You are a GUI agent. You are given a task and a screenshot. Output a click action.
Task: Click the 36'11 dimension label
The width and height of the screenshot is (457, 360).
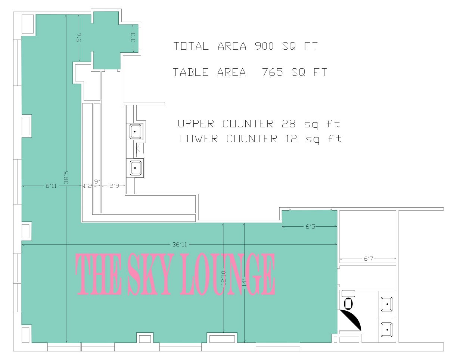point(180,245)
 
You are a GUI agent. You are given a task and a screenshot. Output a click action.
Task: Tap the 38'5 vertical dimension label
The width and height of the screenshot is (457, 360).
point(66,177)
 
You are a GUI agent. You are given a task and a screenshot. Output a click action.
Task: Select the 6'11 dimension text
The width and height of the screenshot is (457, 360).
point(51,186)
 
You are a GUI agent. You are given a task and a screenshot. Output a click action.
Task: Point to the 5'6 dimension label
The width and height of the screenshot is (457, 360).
point(79,37)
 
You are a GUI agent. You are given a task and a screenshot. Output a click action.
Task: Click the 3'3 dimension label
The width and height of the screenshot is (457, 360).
point(133,37)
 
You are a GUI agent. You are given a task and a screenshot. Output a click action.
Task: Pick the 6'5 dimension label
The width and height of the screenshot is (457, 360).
point(310,227)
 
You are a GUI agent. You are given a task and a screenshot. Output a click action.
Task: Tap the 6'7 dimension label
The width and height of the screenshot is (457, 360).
point(369,258)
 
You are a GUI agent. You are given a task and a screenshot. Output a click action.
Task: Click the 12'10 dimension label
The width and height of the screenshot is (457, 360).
point(223,278)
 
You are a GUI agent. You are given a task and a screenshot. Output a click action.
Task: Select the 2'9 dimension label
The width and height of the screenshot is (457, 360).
point(114,186)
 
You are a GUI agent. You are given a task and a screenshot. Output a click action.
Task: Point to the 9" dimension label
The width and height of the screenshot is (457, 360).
point(97,182)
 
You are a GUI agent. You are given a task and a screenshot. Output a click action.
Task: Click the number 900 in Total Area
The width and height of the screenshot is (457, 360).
point(264,46)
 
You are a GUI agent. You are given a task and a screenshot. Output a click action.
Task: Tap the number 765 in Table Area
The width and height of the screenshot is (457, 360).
point(273,72)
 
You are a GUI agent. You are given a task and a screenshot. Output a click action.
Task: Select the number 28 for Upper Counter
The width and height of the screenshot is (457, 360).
point(288,124)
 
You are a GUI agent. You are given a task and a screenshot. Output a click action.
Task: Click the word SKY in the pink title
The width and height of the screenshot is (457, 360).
point(149,274)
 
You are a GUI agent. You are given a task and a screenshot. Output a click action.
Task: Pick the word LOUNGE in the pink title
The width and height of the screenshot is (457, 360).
point(228,274)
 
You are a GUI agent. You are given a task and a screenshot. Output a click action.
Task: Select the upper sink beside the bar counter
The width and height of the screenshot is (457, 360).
point(135,132)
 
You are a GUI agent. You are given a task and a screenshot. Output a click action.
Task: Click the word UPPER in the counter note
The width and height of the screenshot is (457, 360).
point(196,124)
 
